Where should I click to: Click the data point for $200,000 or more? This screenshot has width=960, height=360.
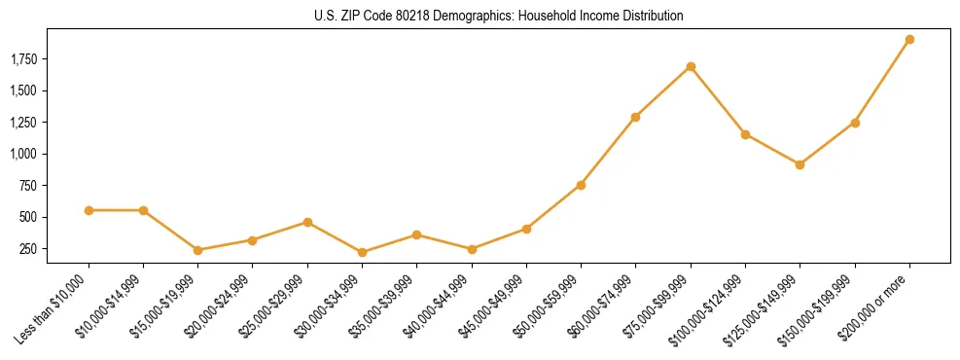pos(909,40)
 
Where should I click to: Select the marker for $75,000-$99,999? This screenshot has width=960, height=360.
pos(691,67)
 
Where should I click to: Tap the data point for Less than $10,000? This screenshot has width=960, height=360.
pos(89,210)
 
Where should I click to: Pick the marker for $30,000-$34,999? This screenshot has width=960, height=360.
pos(362,253)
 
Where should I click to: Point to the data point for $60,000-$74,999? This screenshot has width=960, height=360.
pos(635,118)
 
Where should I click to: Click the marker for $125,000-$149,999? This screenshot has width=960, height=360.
pos(800,164)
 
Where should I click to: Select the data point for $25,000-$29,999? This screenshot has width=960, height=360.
pos(307,223)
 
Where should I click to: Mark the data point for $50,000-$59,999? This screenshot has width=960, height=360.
pos(581,185)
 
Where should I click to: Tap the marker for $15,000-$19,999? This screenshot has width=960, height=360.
pos(197,250)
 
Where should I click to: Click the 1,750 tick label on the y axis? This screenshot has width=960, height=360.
pos(23,59)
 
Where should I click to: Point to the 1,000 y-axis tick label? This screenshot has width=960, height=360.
pos(23,154)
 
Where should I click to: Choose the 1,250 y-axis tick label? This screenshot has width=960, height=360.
pos(23,123)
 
